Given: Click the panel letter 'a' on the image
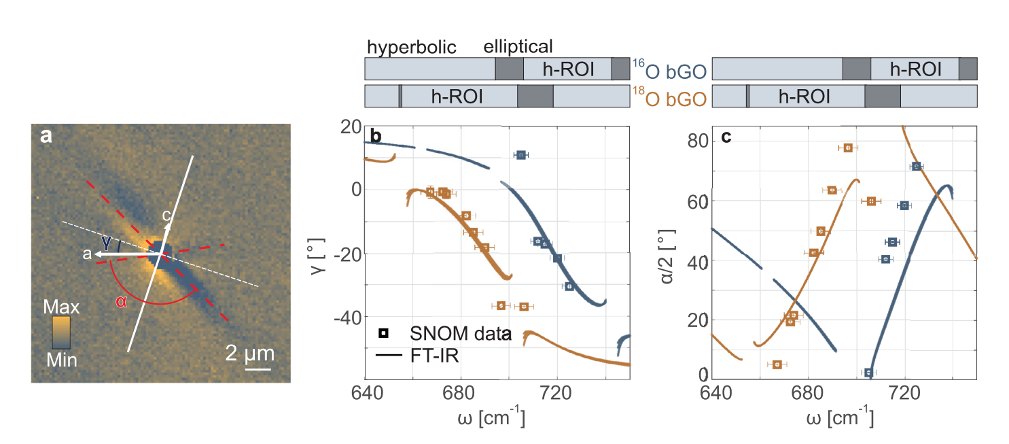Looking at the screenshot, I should point(46,136).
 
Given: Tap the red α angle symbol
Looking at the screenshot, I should point(122,301).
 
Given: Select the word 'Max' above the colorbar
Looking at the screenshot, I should point(63,307).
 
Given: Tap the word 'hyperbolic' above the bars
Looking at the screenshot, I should point(411,47).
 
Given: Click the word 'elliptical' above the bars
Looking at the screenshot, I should point(518,47).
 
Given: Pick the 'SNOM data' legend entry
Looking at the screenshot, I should point(448,333).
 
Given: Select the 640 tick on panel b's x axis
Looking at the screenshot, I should point(365,396).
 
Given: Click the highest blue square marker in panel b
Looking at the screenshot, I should point(520,156).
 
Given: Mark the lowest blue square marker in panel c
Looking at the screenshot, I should point(868,373).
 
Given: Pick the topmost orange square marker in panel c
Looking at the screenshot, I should point(847,148).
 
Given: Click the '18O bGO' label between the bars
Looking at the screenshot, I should point(669,97).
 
